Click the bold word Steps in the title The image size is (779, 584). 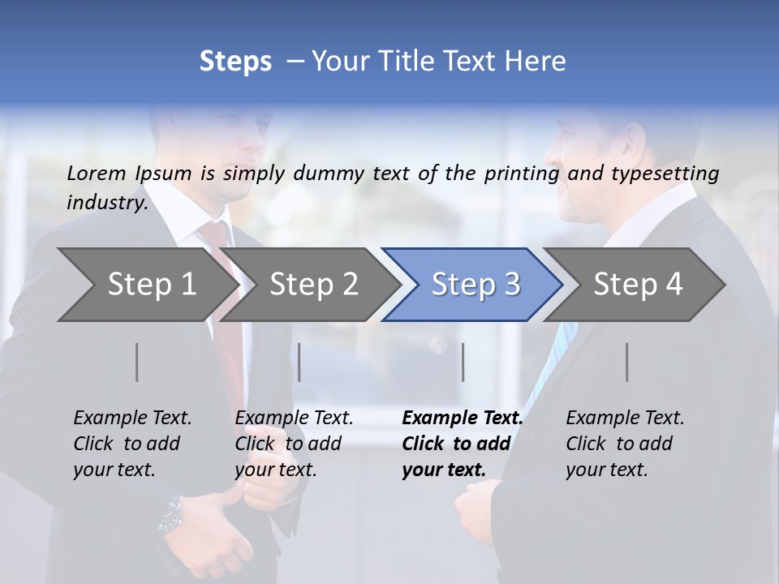click(x=235, y=62)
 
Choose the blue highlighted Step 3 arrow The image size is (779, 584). click(x=476, y=285)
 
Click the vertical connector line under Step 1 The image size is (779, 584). click(x=137, y=362)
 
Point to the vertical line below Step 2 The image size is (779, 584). click(x=299, y=362)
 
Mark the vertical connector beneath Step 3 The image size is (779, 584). click(x=463, y=362)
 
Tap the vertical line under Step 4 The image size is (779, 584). click(x=627, y=362)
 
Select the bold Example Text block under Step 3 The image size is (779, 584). click(x=463, y=444)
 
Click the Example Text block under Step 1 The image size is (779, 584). click(x=132, y=444)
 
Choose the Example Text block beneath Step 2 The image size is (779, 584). click(x=294, y=444)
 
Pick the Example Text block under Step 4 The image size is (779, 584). click(x=625, y=444)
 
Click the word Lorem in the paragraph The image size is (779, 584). click(x=97, y=173)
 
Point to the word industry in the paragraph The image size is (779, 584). click(x=107, y=203)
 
